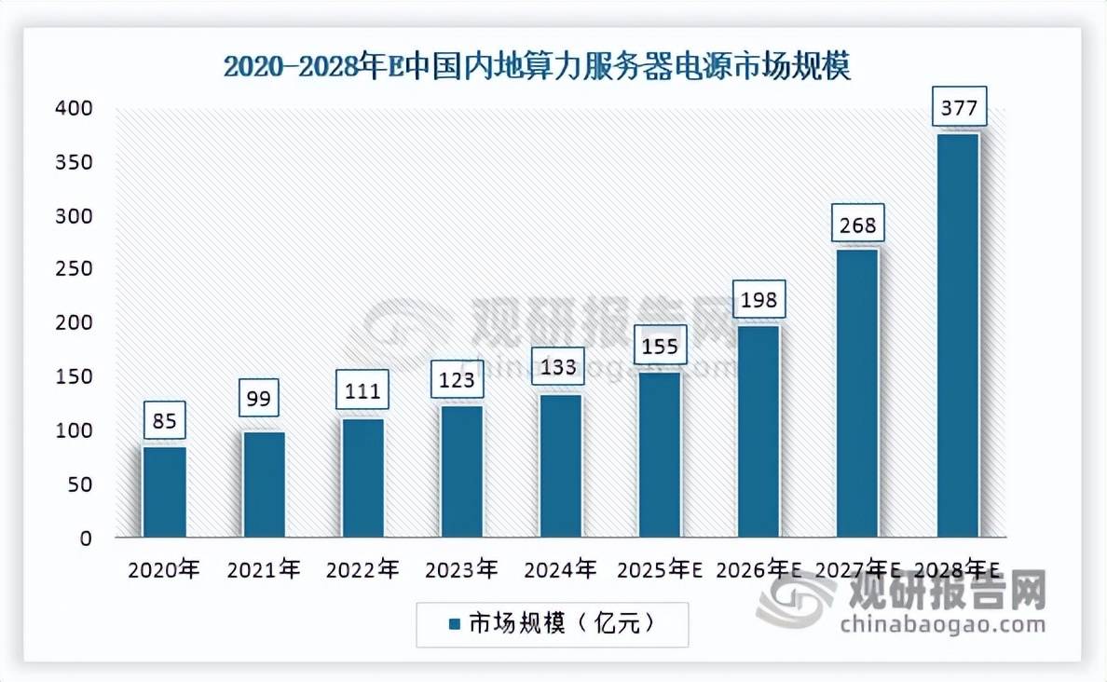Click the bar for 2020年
164,492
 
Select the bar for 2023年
461,471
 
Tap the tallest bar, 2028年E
957,335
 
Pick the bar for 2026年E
758,431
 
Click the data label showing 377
958,109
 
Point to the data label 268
858,226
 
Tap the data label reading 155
660,348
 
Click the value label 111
362,391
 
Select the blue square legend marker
456,624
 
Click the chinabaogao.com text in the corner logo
943,625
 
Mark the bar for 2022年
362,478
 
